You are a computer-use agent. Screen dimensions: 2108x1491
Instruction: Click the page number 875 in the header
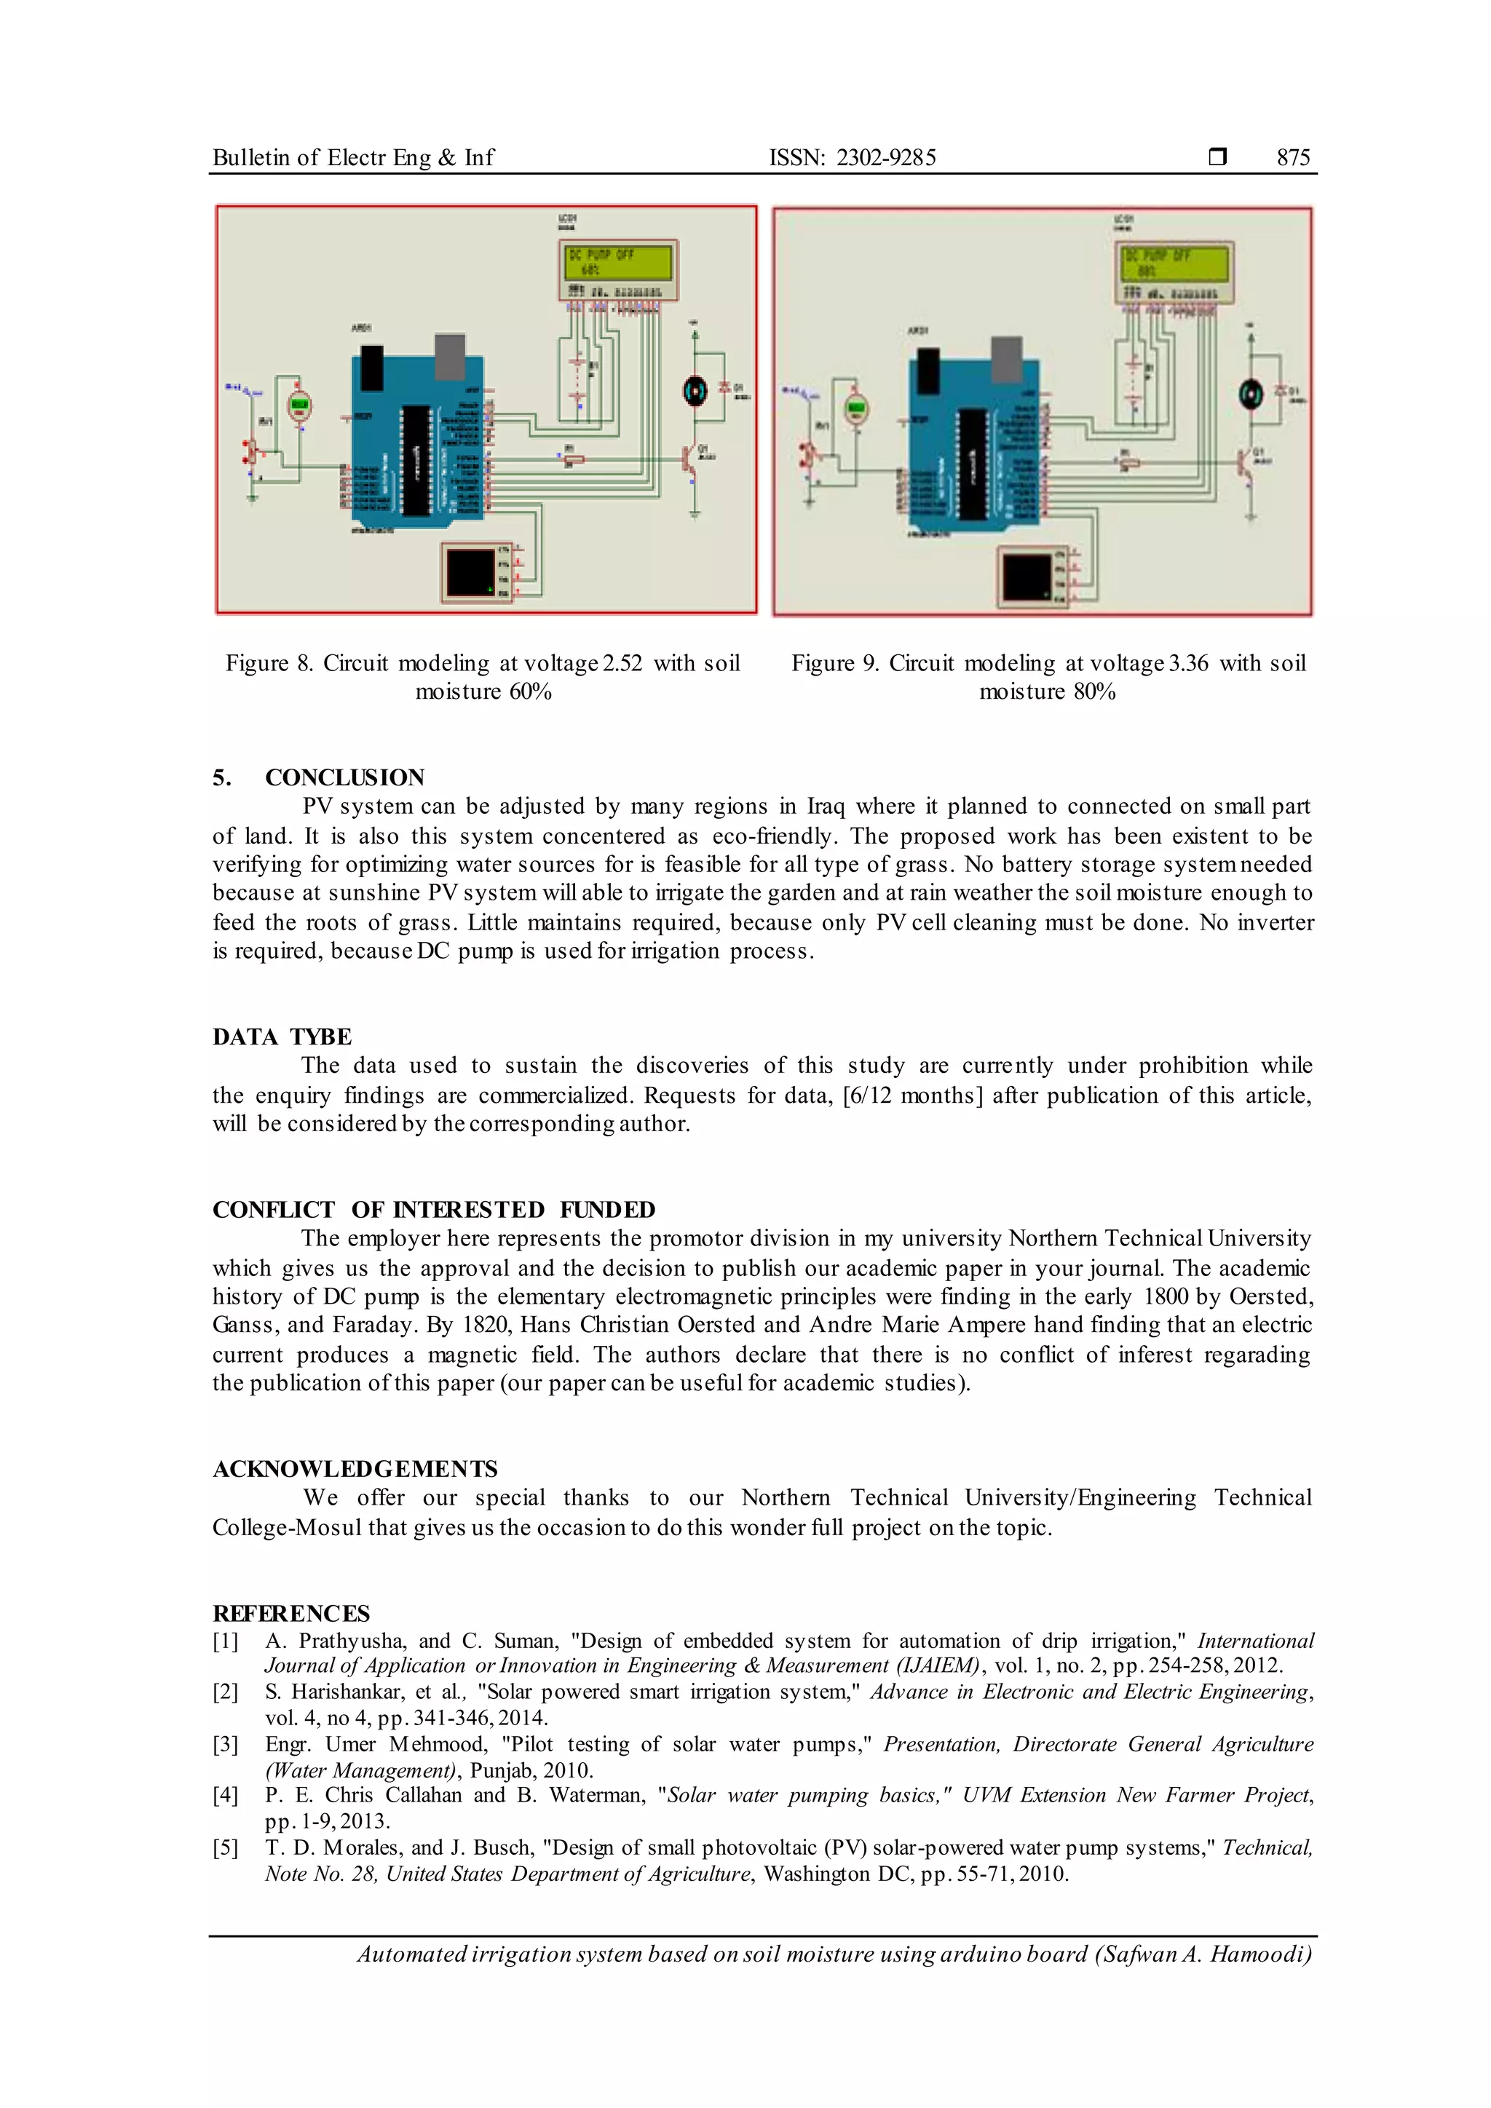[x=1293, y=158]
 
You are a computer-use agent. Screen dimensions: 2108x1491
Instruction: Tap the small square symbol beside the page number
[x=1217, y=157]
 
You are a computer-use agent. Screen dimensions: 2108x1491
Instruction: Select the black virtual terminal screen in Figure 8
[x=469, y=572]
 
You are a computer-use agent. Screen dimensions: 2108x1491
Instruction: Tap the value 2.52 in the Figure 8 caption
[x=622, y=664]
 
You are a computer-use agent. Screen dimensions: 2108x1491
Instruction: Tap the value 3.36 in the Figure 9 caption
[x=1188, y=664]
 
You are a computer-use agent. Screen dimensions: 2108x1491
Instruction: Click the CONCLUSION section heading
[x=344, y=777]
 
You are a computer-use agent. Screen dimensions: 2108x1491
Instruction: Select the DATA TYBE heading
[x=282, y=1037]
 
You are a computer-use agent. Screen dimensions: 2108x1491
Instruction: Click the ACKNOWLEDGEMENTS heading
[x=355, y=1469]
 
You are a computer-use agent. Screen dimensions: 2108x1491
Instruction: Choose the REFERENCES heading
[x=291, y=1613]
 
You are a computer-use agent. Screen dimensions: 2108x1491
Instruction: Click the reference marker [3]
[x=225, y=1745]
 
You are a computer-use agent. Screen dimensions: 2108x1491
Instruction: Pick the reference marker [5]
[x=225, y=1848]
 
